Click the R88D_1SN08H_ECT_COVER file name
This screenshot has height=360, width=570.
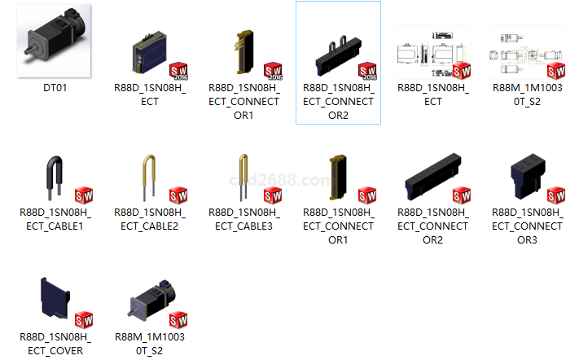coord(55,343)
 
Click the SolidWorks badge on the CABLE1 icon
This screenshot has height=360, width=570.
coord(84,195)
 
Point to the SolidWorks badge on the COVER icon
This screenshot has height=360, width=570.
coord(84,319)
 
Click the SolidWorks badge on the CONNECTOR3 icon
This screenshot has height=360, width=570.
coord(555,195)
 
